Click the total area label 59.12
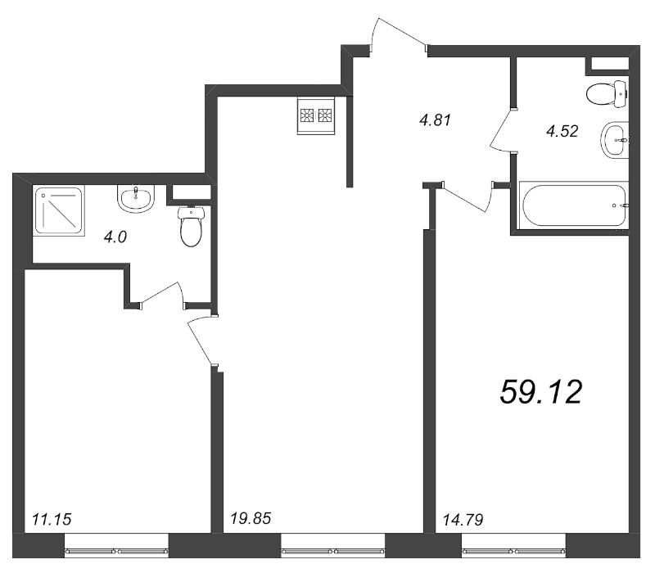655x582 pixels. click(541, 392)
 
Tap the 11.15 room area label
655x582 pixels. click(52, 519)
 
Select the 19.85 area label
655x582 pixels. click(251, 518)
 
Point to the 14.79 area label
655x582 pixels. click(463, 520)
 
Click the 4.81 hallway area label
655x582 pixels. click(436, 120)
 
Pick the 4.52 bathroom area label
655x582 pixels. click(562, 132)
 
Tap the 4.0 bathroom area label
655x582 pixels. click(115, 237)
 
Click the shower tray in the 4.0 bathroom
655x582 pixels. click(59, 211)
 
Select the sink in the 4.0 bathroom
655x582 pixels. click(136, 197)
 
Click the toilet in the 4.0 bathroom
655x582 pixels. click(191, 226)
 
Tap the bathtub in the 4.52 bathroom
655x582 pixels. click(573, 205)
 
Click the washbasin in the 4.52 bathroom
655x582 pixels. click(615, 140)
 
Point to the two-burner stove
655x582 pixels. click(316, 116)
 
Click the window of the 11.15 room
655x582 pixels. click(116, 552)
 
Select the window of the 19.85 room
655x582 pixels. click(333, 552)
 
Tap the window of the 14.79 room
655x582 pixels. click(513, 552)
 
